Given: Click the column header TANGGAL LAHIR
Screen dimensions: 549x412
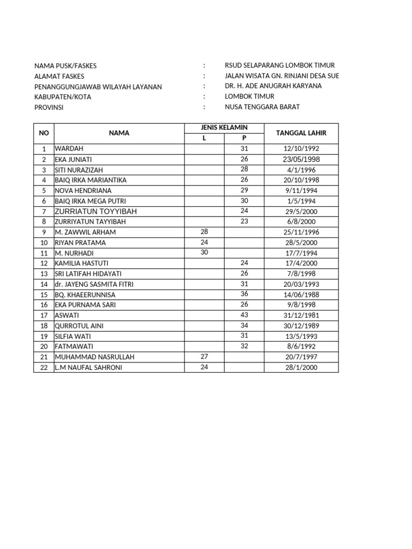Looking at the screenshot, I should [x=300, y=132].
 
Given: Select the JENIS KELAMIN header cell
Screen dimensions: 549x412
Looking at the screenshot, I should [x=224, y=127].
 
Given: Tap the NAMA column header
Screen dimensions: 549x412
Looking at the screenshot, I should [x=119, y=132].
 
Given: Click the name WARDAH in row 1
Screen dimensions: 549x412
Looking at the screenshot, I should [x=69, y=149].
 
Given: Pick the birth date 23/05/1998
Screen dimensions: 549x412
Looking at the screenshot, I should [x=300, y=159].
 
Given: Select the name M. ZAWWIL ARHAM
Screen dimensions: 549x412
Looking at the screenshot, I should [x=85, y=232].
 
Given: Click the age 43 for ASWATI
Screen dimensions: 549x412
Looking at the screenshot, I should [x=244, y=315].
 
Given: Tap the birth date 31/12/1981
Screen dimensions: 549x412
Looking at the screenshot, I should [x=300, y=315].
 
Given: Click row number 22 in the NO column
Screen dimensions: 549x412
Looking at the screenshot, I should [x=44, y=367].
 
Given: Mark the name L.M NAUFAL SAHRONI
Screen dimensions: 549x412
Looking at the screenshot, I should [x=88, y=367].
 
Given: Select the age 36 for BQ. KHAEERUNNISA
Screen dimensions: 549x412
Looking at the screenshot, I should [x=244, y=294].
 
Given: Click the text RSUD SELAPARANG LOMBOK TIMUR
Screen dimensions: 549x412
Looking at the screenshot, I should [x=279, y=65].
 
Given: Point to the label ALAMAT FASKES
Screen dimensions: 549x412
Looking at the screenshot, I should [x=61, y=76].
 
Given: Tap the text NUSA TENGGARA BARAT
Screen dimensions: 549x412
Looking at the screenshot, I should [x=262, y=107].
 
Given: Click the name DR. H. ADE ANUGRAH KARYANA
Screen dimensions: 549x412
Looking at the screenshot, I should [x=274, y=86].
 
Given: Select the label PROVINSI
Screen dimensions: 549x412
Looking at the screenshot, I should [x=49, y=107].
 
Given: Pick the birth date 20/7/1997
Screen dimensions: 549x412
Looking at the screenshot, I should [x=300, y=357].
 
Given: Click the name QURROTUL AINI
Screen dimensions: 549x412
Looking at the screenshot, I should [x=79, y=325].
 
